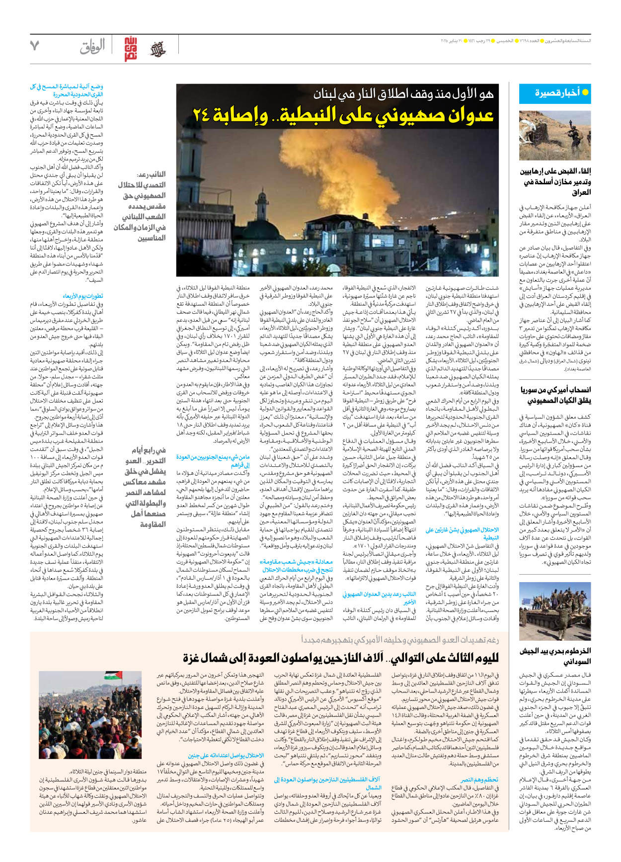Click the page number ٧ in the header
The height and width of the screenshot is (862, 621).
(34, 46)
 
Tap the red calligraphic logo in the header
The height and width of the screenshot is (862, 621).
(130, 49)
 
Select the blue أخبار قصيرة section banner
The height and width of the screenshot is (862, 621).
(554, 93)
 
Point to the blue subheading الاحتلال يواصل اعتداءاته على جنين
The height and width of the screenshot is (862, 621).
(226, 756)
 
